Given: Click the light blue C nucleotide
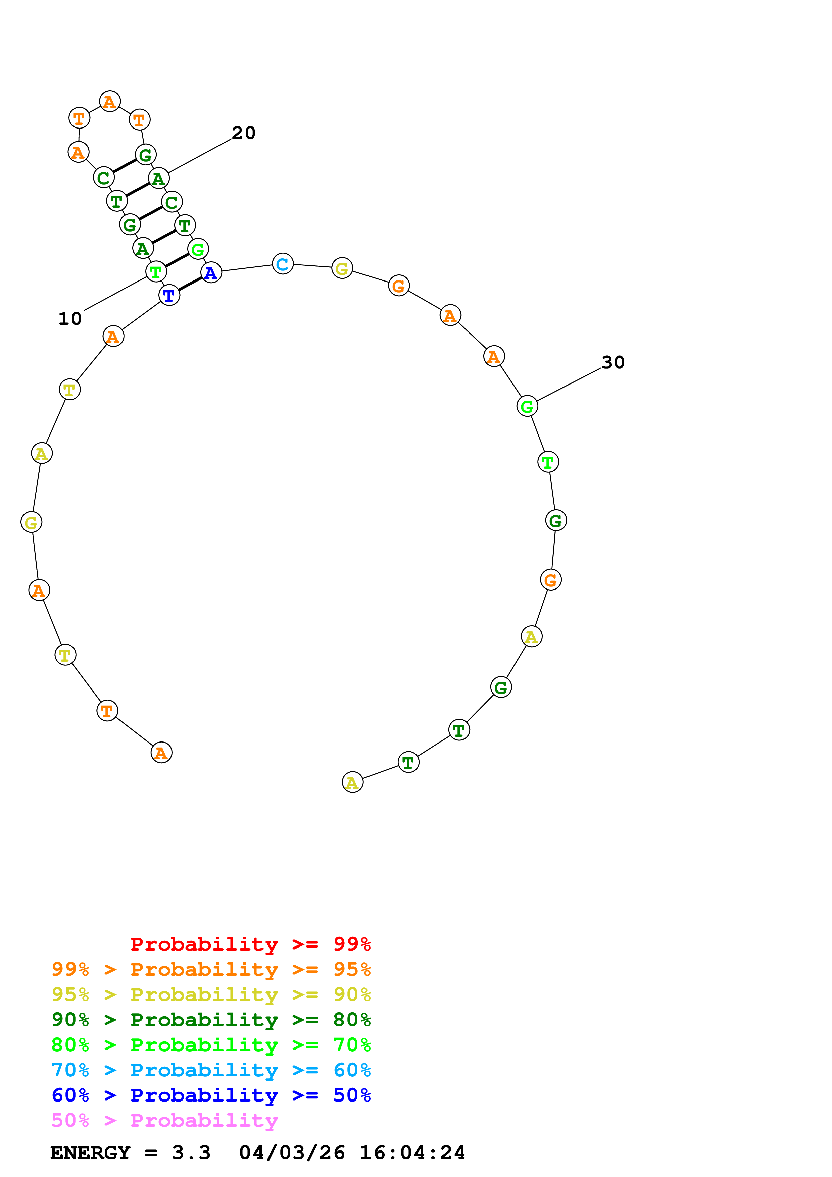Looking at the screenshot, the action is point(283,264).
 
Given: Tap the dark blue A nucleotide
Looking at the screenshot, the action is point(211,273).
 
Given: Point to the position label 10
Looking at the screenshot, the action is point(70,319).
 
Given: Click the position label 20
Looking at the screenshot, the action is point(244,133).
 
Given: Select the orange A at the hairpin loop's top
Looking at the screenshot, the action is point(110,102).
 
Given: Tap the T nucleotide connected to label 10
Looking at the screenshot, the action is point(156,272).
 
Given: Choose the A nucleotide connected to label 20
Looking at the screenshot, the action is point(158,178).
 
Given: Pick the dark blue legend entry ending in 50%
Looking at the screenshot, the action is point(211,1095).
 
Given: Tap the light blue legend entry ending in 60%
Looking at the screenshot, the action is point(211,1070).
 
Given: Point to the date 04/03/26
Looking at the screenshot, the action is point(292,1153).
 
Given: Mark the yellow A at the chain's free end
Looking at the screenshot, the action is point(352,782).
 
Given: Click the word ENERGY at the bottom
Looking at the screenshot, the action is point(90,1153).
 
